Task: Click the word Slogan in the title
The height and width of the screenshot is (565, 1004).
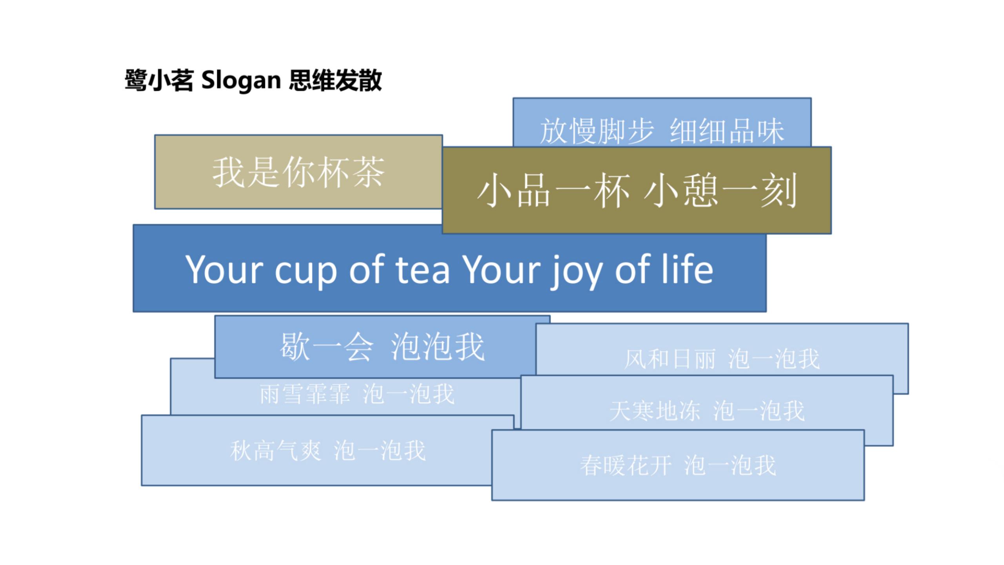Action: point(241,81)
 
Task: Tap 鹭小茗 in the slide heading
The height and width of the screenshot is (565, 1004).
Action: point(159,80)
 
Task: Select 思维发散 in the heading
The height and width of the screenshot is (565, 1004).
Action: point(335,80)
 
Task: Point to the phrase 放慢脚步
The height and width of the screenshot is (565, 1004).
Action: point(597,131)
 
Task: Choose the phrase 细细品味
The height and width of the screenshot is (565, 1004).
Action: point(727,131)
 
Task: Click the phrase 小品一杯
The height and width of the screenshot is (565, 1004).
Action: point(553,191)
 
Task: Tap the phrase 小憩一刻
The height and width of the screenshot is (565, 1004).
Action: point(720,191)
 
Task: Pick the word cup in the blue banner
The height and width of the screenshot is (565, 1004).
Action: point(306,272)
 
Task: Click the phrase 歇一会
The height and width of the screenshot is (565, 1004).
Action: point(327,347)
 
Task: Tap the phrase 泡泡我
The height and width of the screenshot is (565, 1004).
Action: point(438,347)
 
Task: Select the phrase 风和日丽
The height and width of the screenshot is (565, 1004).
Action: point(670,359)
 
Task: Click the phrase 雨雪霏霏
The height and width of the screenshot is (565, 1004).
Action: point(305,394)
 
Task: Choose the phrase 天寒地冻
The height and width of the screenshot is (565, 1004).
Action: point(655,411)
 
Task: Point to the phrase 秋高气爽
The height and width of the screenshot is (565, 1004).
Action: point(276,450)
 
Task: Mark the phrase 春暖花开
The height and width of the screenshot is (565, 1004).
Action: point(626,466)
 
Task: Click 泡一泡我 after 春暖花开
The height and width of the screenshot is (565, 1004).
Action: point(730,466)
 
